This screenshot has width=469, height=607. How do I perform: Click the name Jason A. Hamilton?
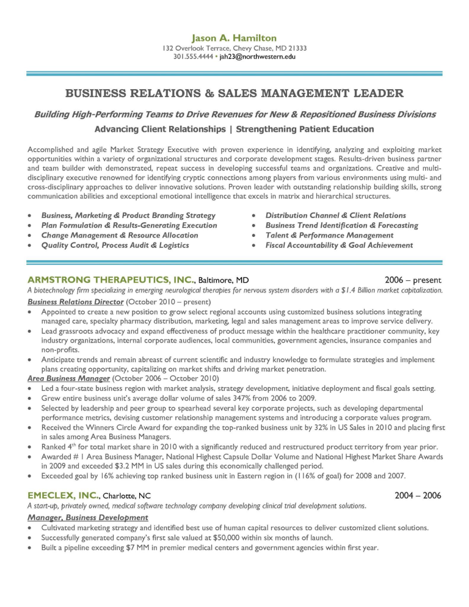click(x=234, y=38)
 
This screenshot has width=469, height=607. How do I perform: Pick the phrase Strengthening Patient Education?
click(x=305, y=129)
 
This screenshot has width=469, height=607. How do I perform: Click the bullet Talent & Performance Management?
click(x=329, y=235)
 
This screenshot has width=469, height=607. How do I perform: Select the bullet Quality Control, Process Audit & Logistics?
click(x=115, y=245)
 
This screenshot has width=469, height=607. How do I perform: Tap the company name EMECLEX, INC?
click(x=62, y=495)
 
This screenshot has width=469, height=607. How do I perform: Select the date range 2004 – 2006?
click(x=418, y=495)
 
